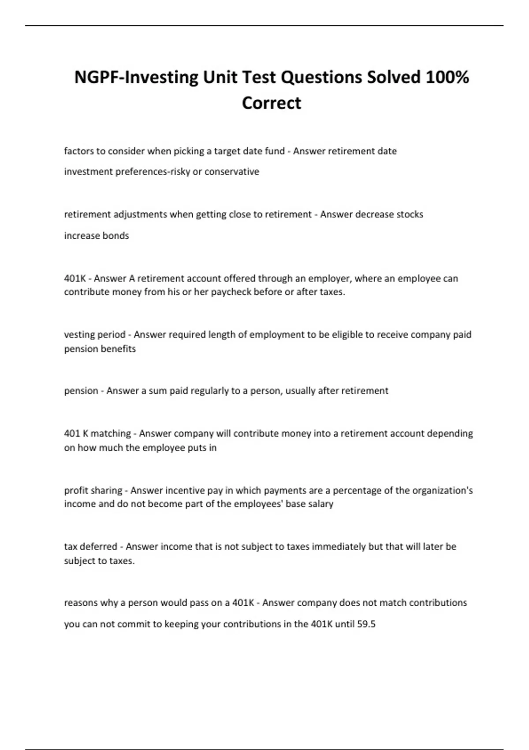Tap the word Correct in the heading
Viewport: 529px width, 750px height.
[x=271, y=103]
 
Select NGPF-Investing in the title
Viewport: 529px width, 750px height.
[x=136, y=77]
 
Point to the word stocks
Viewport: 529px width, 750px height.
[x=410, y=214]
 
